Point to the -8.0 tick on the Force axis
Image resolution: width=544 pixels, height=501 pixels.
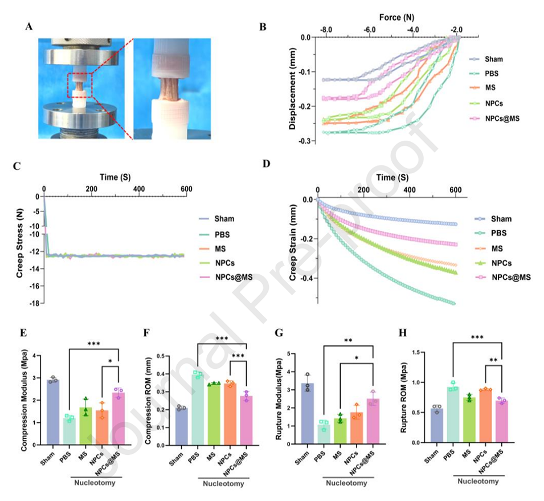pos(326,30)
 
